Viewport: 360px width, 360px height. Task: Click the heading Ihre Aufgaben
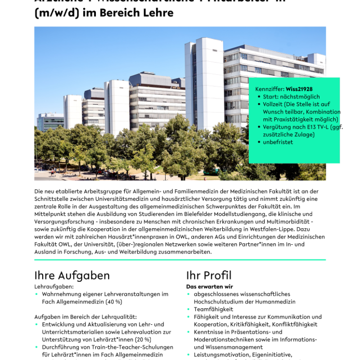72,275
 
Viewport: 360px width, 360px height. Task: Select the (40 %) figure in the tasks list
112,301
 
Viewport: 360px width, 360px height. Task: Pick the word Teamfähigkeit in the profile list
213,309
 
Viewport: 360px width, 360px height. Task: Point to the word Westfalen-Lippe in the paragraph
270,229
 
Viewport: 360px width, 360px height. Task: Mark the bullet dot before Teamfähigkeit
189,310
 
